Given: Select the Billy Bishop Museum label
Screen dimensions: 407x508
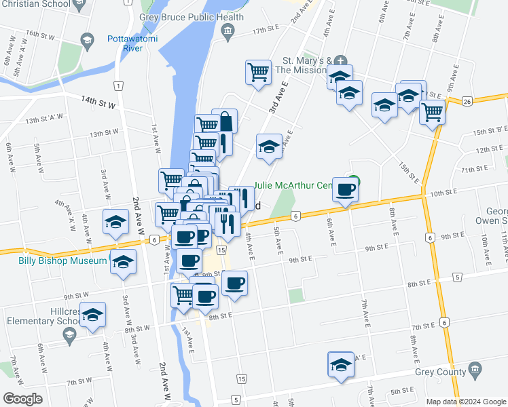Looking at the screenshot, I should point(54,261).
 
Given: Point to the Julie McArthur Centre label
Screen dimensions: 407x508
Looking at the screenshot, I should point(293,185).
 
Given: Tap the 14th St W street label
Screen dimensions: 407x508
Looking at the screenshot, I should point(98,102).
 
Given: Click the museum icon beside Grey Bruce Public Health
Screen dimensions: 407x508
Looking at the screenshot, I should point(228,30).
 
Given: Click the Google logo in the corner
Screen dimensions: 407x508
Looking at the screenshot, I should point(22,399).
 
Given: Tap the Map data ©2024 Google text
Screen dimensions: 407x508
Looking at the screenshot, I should point(466,402).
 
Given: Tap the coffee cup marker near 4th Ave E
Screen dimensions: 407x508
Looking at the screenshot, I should point(234,282).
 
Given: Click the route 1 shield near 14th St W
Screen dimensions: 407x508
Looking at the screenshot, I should point(118,85).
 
